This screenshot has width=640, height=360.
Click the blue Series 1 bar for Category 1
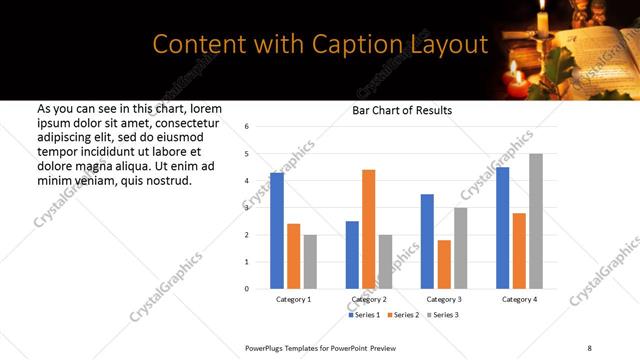pyautogui.click(x=277, y=231)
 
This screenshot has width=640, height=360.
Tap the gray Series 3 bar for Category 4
pyautogui.click(x=536, y=221)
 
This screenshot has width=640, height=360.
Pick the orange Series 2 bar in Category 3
pyautogui.click(x=444, y=264)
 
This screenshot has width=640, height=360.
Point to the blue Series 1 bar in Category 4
pyautogui.click(x=503, y=228)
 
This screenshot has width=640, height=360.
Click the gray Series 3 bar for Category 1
pyautogui.click(x=310, y=262)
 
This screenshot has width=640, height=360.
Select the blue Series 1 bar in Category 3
pyautogui.click(x=427, y=241)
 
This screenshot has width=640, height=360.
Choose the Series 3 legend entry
pyautogui.click(x=442, y=315)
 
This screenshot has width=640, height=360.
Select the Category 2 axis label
pyautogui.click(x=368, y=299)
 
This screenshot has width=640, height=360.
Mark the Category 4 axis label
pyautogui.click(x=519, y=299)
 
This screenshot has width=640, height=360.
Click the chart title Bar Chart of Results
pyautogui.click(x=402, y=110)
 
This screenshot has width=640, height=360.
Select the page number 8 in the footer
pyautogui.click(x=590, y=347)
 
